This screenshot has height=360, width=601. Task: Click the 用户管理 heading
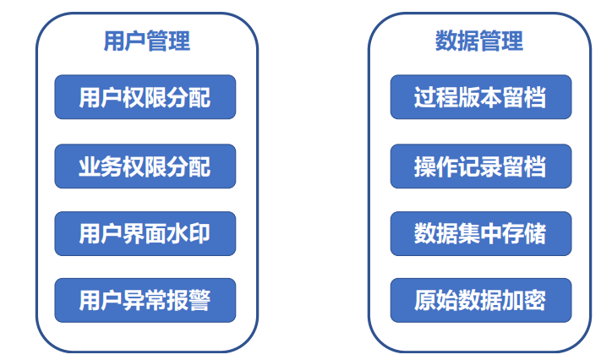coord(145,41)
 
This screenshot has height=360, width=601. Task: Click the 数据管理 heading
coord(478,41)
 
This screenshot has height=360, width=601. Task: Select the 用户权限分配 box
coord(145,98)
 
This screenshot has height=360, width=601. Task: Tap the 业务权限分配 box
coord(145,166)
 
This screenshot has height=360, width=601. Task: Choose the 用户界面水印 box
coord(145,233)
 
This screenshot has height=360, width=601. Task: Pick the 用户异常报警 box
coord(145,300)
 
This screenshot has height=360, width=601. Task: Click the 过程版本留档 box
coord(480,98)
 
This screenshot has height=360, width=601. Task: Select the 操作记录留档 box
coord(480,166)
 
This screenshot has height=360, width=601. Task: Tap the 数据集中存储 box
coord(480,233)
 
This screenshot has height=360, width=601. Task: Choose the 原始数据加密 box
coord(480,300)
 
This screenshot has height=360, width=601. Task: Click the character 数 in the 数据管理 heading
coord(445,41)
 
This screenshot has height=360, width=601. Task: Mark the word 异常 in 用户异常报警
coord(145,300)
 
